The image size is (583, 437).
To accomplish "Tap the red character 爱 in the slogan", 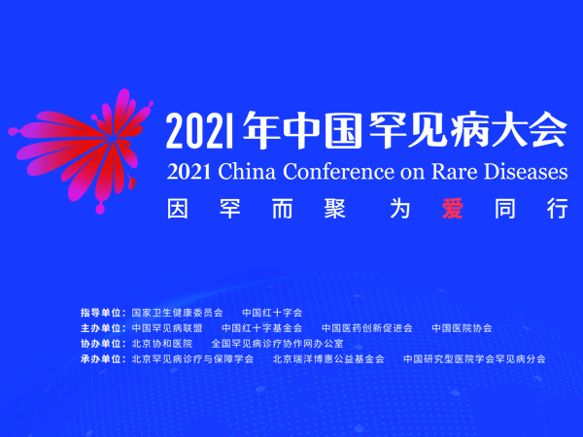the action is [453, 209].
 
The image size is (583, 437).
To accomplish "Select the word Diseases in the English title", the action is [526, 172].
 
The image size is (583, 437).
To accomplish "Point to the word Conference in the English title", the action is [338, 172].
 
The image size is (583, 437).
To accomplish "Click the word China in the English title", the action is [247, 172].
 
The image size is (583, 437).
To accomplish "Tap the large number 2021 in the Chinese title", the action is [200, 130].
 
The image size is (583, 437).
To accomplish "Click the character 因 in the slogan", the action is [178, 209].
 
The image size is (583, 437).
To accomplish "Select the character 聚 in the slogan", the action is [334, 209].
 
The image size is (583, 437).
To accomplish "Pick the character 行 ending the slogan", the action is [558, 209].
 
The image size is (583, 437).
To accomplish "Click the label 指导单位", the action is [101, 313].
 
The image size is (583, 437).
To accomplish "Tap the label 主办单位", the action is [101, 328].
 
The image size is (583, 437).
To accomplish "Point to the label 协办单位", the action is [101, 344].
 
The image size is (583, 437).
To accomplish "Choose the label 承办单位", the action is [101, 359].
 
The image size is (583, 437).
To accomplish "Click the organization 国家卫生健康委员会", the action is [178, 313].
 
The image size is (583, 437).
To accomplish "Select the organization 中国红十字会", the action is [272, 313].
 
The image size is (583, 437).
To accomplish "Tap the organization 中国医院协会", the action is [462, 328].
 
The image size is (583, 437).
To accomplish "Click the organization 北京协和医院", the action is [162, 344].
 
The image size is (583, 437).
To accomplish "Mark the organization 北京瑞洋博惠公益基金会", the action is [328, 359].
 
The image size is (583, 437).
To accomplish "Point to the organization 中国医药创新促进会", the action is [367, 328].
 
